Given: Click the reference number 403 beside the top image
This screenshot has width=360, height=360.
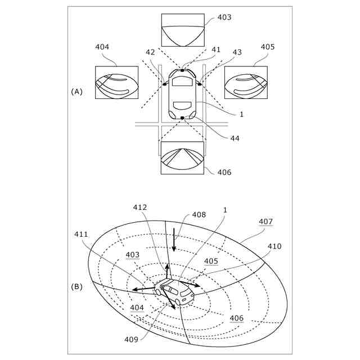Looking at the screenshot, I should (224, 17).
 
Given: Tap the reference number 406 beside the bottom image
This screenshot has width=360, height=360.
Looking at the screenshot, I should (224, 172).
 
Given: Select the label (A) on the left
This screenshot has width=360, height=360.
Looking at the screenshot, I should (77, 91).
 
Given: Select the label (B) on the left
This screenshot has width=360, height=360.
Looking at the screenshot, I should (77, 286).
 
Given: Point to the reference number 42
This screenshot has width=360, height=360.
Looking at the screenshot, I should (150, 52).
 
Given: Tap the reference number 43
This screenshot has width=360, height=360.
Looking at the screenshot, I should (237, 52).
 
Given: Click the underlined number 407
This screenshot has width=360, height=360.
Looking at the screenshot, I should (265, 222).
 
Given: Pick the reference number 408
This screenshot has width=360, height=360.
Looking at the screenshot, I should (199, 214).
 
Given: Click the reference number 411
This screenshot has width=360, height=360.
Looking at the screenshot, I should (82, 234).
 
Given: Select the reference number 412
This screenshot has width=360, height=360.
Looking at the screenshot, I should (140, 208).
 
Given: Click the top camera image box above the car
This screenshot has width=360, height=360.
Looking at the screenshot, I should (183, 30).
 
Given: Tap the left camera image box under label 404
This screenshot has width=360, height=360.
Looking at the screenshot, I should (116, 83).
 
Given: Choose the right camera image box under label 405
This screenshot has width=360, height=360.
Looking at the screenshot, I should (246, 83).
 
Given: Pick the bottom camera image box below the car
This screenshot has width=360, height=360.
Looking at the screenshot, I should (183, 158).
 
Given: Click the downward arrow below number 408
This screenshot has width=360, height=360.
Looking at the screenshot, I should (174, 240).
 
